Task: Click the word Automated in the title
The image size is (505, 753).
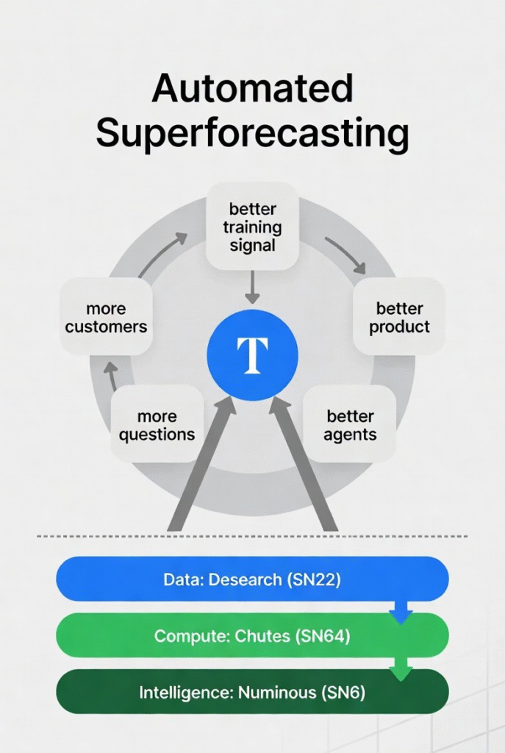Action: pos(253,88)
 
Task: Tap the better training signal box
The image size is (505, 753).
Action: pos(253,227)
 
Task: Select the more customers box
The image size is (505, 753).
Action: pos(106,317)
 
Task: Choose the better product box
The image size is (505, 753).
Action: pos(399,317)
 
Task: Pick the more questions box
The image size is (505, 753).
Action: pos(157,424)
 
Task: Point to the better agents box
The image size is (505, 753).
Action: pos(350,424)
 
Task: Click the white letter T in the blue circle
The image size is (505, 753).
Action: pos(253,355)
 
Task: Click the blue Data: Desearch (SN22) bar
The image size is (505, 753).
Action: pos(253,579)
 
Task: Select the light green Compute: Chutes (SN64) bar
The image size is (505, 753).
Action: pos(253,635)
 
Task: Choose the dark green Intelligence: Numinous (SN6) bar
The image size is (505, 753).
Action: pos(253,692)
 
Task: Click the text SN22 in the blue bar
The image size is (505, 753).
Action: pos(314,579)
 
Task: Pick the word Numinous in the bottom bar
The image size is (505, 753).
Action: pos(277,693)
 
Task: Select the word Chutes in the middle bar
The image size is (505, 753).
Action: pos(262,636)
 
